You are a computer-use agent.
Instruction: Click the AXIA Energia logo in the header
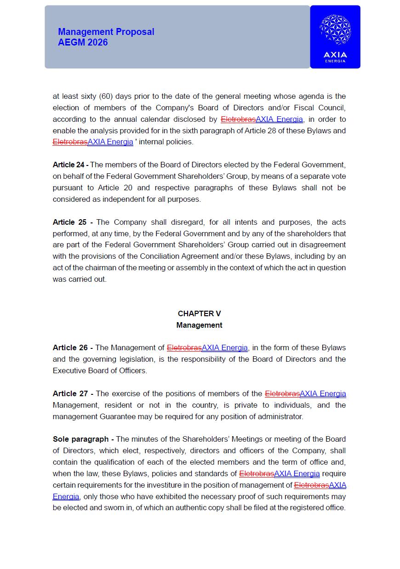335,37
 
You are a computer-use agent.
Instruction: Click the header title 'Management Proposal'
106,32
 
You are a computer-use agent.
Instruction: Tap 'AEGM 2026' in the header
83,42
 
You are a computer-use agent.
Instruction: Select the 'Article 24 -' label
70,165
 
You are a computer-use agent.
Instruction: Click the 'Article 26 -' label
73,347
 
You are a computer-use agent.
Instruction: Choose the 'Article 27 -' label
73,393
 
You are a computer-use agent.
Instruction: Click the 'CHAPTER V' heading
199,313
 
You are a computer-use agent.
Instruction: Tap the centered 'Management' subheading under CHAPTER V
199,325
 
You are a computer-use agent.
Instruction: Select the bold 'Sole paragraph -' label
83,439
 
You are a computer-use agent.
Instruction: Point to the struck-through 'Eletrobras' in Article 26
184,347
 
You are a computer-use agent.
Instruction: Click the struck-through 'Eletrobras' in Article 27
282,393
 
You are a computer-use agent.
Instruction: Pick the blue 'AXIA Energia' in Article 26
225,347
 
